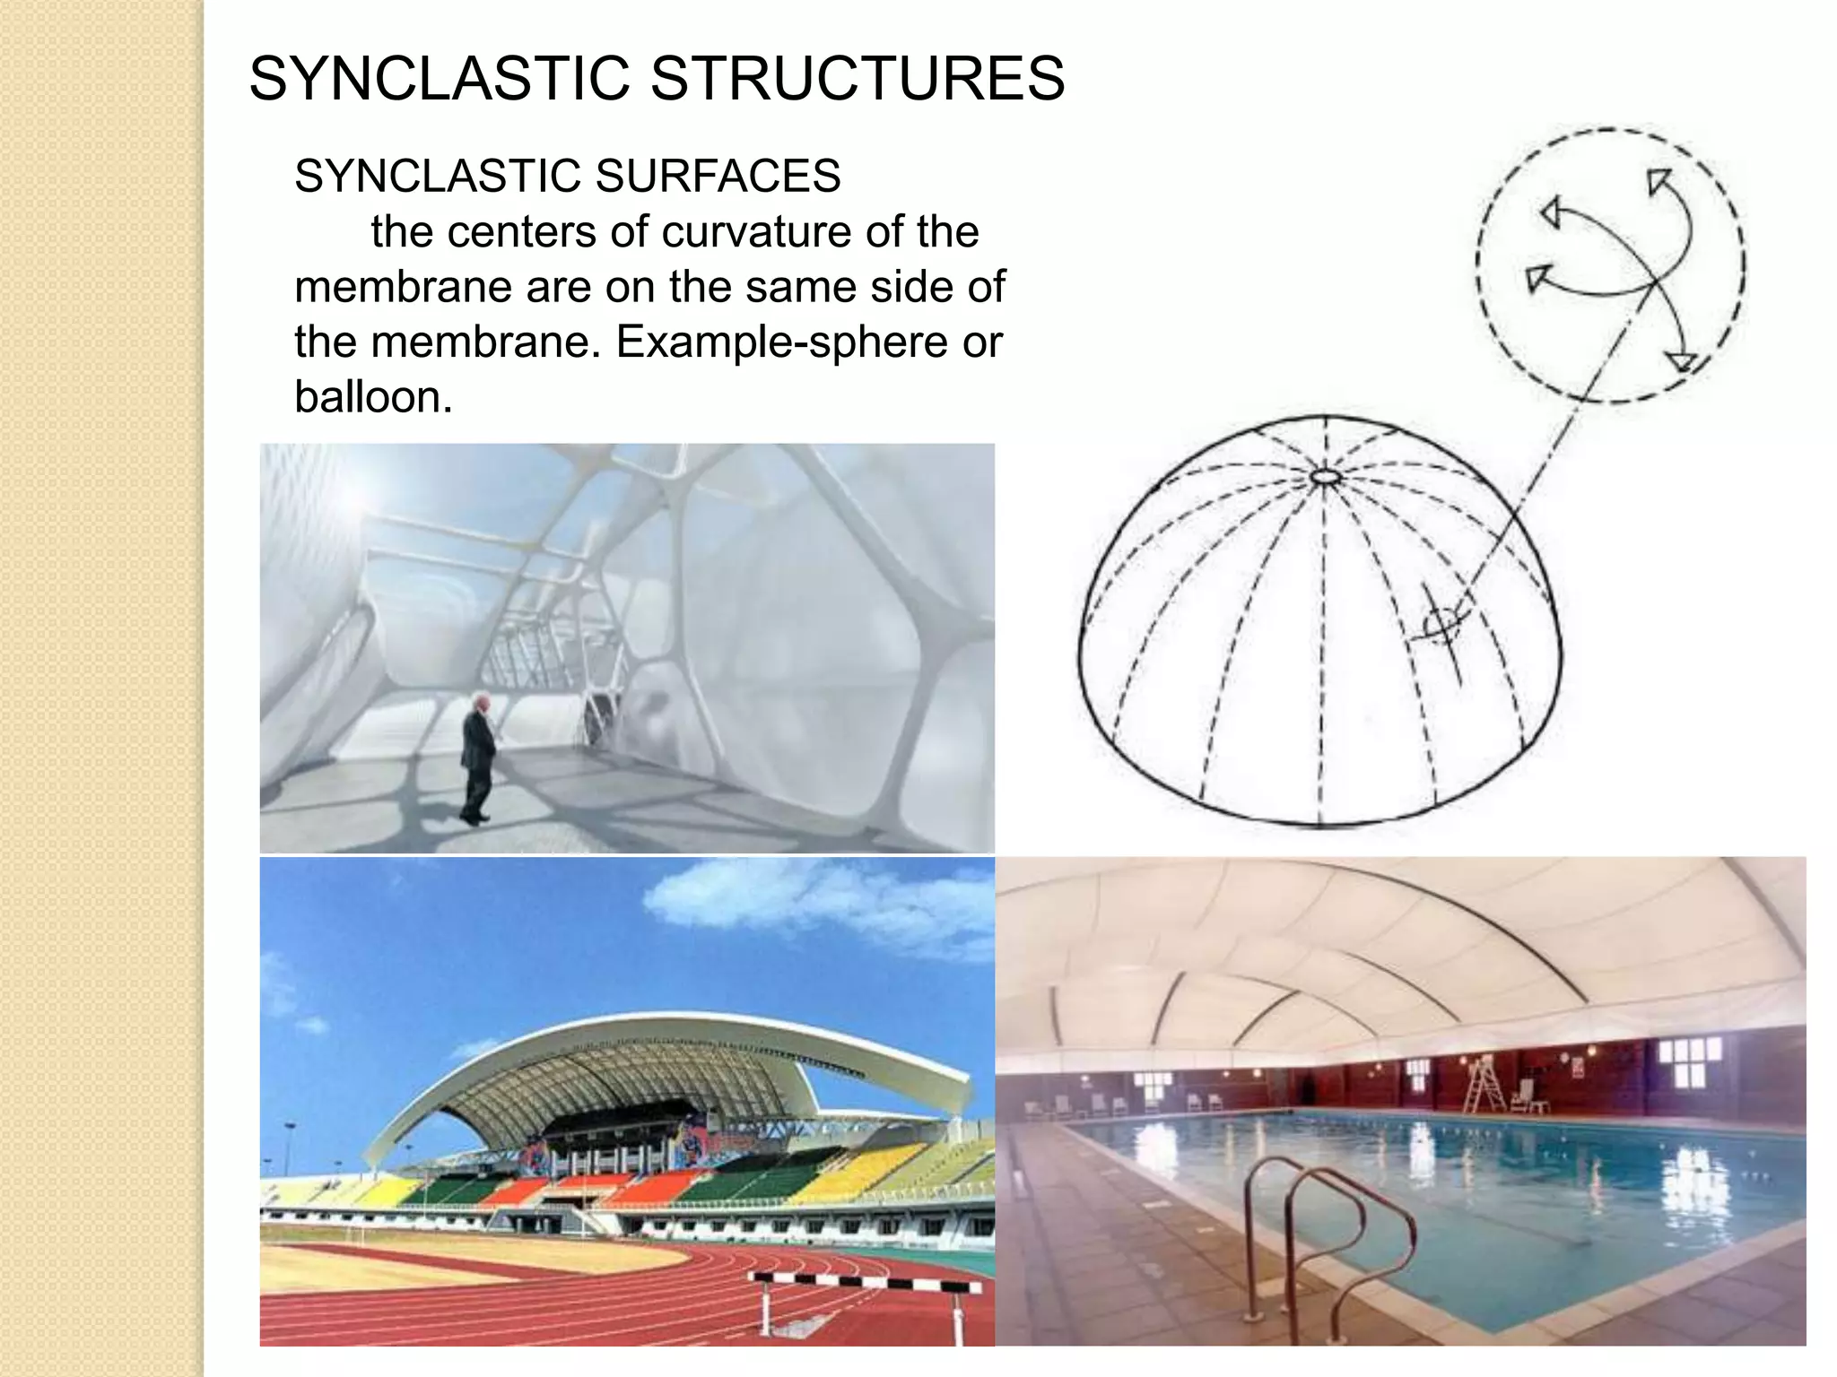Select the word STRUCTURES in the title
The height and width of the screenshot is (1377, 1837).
858,78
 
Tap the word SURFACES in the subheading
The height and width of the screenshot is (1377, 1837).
718,176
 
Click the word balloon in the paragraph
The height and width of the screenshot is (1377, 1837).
372,396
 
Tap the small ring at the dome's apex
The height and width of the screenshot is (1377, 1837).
1325,477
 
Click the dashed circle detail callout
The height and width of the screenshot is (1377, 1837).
1610,265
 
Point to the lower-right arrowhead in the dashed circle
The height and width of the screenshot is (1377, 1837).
1680,361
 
